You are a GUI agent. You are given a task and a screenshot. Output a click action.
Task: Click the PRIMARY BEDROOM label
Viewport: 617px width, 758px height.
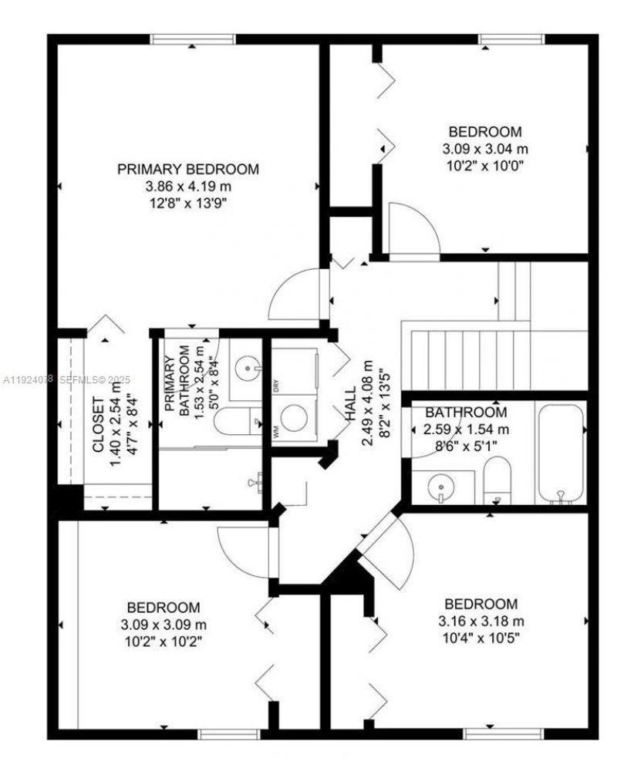tap(187, 169)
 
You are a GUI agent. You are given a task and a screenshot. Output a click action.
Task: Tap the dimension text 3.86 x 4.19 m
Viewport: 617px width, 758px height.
tap(187, 186)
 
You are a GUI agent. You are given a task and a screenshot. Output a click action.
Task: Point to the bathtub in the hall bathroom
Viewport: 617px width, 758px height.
tap(561, 453)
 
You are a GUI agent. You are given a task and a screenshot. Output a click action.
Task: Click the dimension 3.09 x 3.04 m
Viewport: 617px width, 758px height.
tap(485, 148)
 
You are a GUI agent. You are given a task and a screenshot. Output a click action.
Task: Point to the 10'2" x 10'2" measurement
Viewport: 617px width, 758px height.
tap(164, 641)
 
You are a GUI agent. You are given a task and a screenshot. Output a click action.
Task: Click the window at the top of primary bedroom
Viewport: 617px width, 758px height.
tap(192, 39)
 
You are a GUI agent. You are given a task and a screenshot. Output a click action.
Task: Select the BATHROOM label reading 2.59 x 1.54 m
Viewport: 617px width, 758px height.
tap(466, 413)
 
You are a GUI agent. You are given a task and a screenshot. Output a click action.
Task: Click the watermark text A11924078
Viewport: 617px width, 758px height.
tap(28, 379)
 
